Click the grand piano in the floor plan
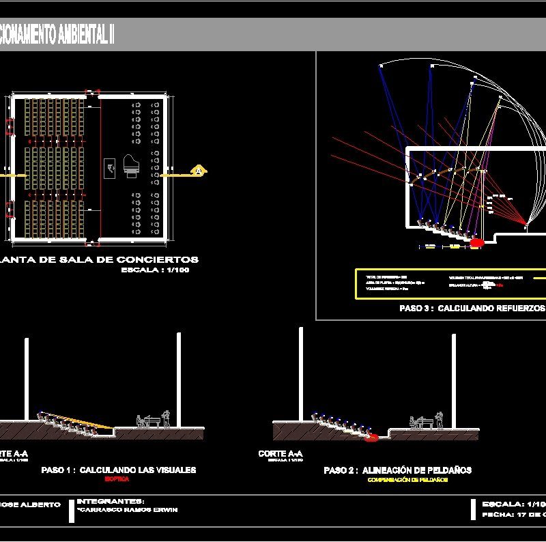130,167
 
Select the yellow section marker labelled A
199,170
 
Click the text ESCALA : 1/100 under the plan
155,270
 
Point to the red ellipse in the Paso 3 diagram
477,242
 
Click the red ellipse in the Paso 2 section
371,437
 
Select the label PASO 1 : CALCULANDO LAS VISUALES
119,470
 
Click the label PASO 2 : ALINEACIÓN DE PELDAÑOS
397,470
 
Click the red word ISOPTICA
118,480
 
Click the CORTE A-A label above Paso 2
281,453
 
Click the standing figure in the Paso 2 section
441,418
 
